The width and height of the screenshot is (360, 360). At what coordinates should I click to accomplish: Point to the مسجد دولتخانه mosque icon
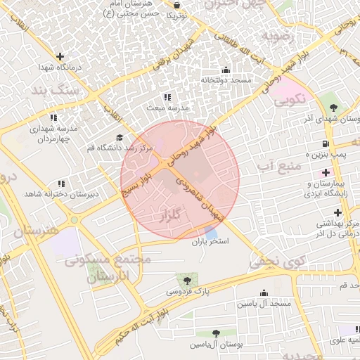coord(225,70)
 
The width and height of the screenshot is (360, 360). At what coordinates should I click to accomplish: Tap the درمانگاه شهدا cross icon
coord(60,56)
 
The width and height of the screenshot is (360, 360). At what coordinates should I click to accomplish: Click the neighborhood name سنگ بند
coord(51,89)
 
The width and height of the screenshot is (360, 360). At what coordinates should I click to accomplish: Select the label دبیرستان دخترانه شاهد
coord(58,193)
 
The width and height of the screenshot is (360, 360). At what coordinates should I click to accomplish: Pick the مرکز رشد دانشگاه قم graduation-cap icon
coord(119,137)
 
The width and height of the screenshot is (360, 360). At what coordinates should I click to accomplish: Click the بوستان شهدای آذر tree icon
coord(333,108)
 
